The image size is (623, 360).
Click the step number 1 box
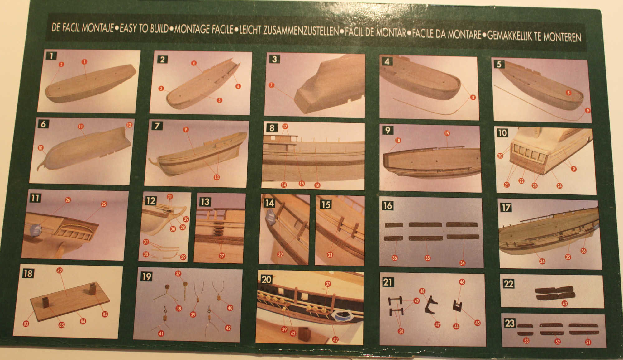pos(51,56)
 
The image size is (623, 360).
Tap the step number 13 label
pos(205,202)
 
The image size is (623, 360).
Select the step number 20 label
pos(267,279)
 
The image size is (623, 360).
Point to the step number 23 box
pos(510,323)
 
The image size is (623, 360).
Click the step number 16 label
pos(388,206)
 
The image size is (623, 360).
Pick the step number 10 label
pos(502,133)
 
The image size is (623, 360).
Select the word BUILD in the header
pos(159,29)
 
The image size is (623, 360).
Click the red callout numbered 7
pos(271,85)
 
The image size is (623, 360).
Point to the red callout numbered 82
pos(59,271)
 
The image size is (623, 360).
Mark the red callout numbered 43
pos(564,303)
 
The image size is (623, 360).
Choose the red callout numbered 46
pos(462,282)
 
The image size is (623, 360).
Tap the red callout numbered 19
pos(447,133)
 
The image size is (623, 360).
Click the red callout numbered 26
pos(68,200)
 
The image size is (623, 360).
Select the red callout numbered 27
pos(222,256)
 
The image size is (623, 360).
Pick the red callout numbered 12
pos(129,125)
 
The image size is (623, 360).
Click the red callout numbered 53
pos(526,341)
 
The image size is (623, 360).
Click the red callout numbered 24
pos(559,186)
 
